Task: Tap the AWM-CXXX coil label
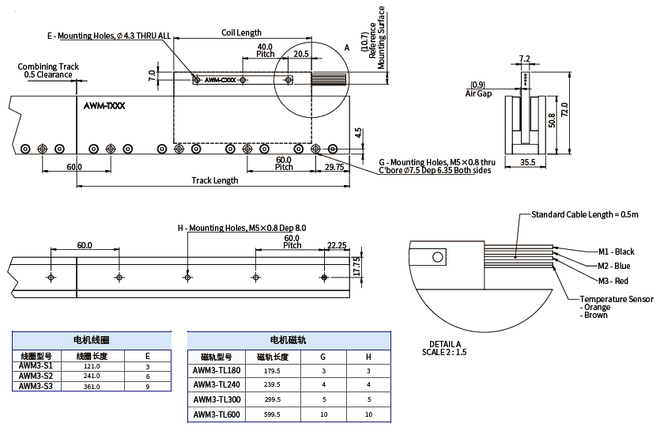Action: pyautogui.click(x=220, y=80)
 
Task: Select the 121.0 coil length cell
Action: pyautogui.click(x=92, y=366)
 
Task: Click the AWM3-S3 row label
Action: pyautogui.click(x=36, y=386)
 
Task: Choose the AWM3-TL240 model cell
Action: pyautogui.click(x=217, y=385)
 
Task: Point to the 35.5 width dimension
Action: pyautogui.click(x=528, y=162)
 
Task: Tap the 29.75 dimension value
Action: pyautogui.click(x=334, y=167)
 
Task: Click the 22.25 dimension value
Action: pyautogui.click(x=337, y=245)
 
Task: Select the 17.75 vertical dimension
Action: pyautogui.click(x=356, y=265)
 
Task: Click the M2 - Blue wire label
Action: pyautogui.click(x=614, y=266)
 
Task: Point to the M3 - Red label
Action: pyautogui.click(x=613, y=281)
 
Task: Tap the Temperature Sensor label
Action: pyautogui.click(x=617, y=299)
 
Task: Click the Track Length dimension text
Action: pyautogui.click(x=215, y=180)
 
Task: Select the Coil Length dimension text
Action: pyautogui.click(x=241, y=32)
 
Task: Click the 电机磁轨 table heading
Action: pyautogui.click(x=289, y=339)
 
